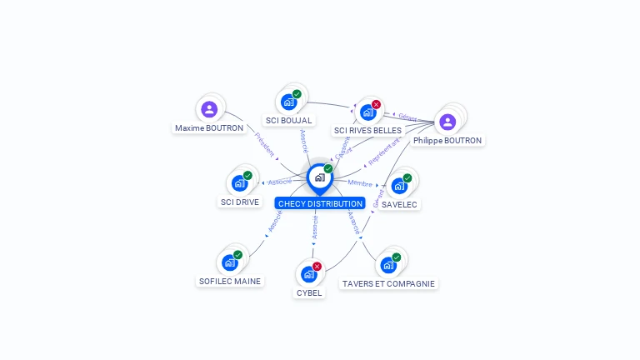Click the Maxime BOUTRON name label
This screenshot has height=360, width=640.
(x=209, y=128)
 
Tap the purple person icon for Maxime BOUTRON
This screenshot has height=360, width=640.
(x=209, y=109)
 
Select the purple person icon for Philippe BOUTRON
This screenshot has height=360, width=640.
(x=447, y=122)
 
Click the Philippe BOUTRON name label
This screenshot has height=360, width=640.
(x=447, y=141)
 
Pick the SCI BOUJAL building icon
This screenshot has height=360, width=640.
(x=288, y=102)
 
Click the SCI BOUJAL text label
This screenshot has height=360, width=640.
(x=288, y=121)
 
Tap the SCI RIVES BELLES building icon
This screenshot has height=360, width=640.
(x=367, y=112)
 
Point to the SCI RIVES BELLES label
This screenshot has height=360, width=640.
(x=367, y=131)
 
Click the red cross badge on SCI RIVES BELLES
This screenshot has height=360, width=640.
(x=376, y=104)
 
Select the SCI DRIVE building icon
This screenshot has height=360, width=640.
(x=239, y=183)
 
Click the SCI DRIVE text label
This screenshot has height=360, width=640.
(x=240, y=202)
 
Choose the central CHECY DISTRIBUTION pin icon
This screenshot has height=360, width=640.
(x=319, y=177)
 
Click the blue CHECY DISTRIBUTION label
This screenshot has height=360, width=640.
(x=320, y=203)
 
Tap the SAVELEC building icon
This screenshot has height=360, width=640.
(x=399, y=186)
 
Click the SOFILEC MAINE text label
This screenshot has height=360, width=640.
(x=230, y=282)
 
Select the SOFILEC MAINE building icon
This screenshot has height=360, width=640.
(x=229, y=262)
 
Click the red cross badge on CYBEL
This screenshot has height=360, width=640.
(x=317, y=266)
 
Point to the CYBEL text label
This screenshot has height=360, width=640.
(x=309, y=292)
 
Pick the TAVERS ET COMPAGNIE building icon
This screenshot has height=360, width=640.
(x=387, y=266)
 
